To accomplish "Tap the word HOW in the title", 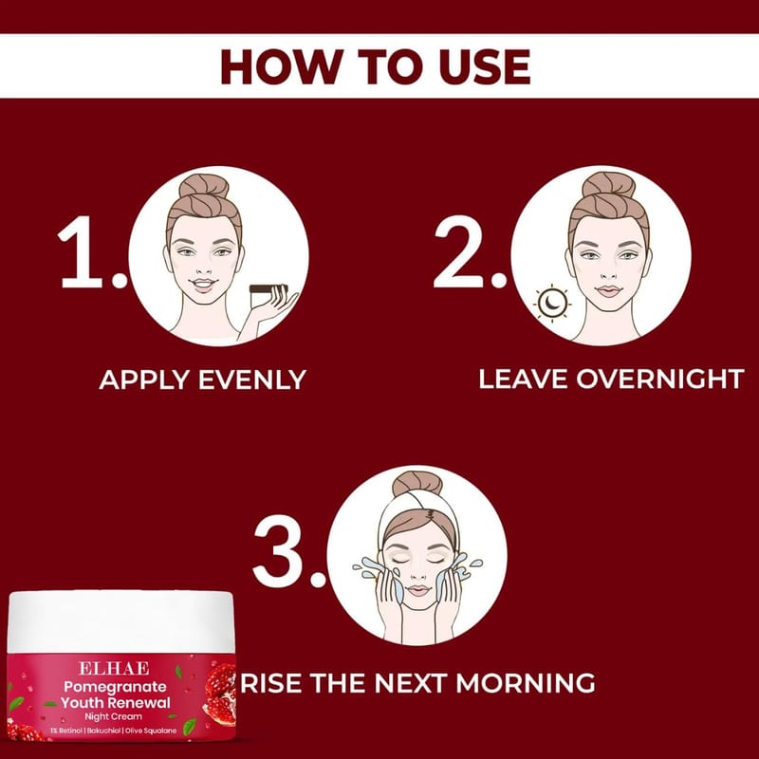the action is coord(282,66).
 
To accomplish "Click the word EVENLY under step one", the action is coord(252,379).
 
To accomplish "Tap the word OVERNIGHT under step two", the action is coord(659,379).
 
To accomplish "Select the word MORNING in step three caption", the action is coord(526,683).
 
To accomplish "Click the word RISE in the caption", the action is coord(271,683).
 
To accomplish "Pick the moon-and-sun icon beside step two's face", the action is coord(552,303).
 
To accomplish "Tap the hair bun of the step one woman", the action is coord(204,186).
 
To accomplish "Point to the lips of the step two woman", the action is coord(608,291).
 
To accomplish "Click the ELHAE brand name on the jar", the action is coord(114,669).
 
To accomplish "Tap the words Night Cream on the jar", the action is coord(113,716).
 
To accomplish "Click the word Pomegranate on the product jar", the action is coord(115,687).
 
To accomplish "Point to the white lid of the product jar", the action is coord(121,622).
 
